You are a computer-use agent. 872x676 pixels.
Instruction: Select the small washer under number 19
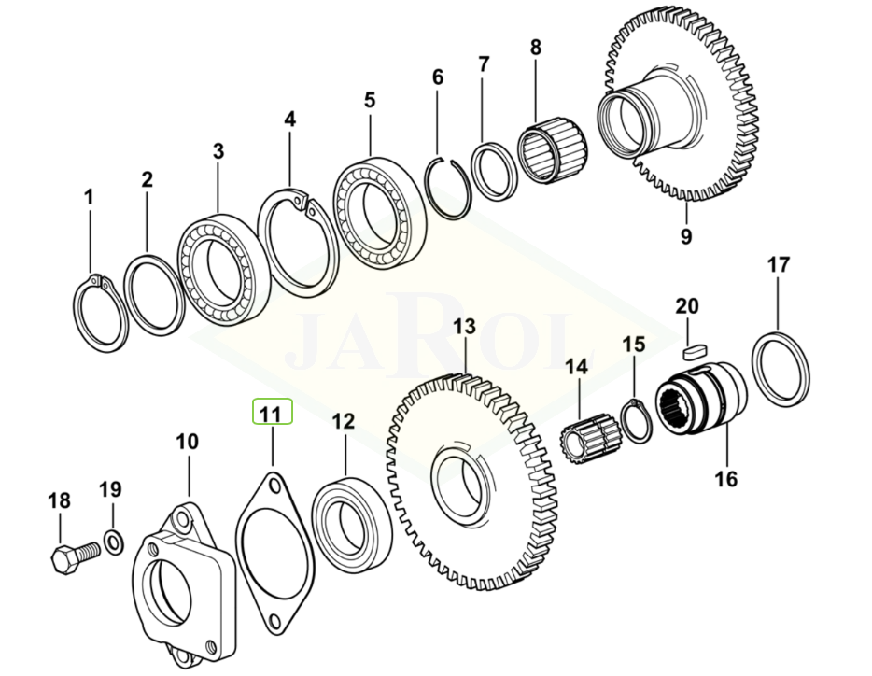[x=114, y=542]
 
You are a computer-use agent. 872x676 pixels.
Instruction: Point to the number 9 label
[x=686, y=236]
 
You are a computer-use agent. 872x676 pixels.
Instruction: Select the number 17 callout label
[x=778, y=264]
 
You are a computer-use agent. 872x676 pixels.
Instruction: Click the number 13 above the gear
[x=464, y=326]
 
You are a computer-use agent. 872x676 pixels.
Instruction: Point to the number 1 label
[x=89, y=196]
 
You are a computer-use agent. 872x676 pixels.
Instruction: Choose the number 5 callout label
[x=370, y=100]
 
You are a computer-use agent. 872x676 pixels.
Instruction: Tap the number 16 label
[x=725, y=478]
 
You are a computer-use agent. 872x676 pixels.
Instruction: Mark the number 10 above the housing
[x=187, y=442]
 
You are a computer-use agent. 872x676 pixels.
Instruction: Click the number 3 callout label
[x=218, y=150]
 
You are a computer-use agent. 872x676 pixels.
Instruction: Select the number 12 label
[x=344, y=421]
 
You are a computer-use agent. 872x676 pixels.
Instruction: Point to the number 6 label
[x=438, y=77]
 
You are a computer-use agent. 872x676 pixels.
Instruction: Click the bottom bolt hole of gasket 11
[x=274, y=619]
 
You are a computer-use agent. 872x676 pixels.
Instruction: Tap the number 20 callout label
[x=687, y=306]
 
